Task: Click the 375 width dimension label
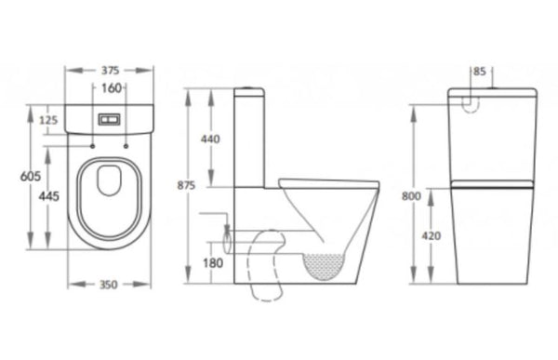click(110, 70)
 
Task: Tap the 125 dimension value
click(49, 120)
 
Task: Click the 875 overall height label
click(187, 186)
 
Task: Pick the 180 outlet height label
click(213, 264)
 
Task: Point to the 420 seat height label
click(432, 236)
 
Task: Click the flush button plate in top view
click(110, 121)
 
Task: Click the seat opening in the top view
click(110, 180)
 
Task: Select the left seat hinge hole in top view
click(94, 146)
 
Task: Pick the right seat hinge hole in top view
click(126, 146)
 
